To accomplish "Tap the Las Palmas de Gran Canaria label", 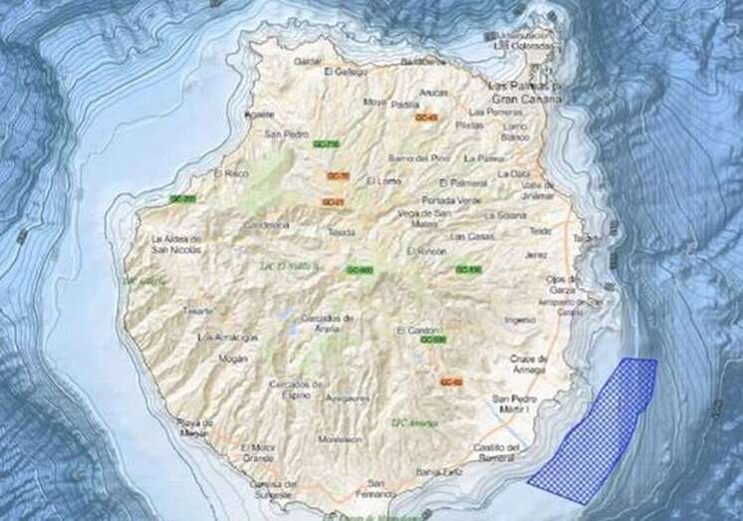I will point(524,94).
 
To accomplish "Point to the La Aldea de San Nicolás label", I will point(175,245).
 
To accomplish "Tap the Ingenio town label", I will point(520,320).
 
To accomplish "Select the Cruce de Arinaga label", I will point(528,364).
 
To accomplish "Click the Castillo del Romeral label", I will point(498,452).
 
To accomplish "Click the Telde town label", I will point(541,231).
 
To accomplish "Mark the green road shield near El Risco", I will point(182,199).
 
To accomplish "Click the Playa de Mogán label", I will point(195,426).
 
